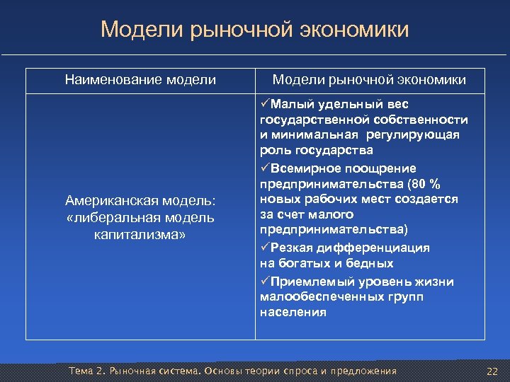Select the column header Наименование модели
pos(140,80)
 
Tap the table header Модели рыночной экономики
pos(369,80)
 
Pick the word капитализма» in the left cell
pos(140,233)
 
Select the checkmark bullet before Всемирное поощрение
pos(265,168)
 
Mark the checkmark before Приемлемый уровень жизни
pos(265,282)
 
